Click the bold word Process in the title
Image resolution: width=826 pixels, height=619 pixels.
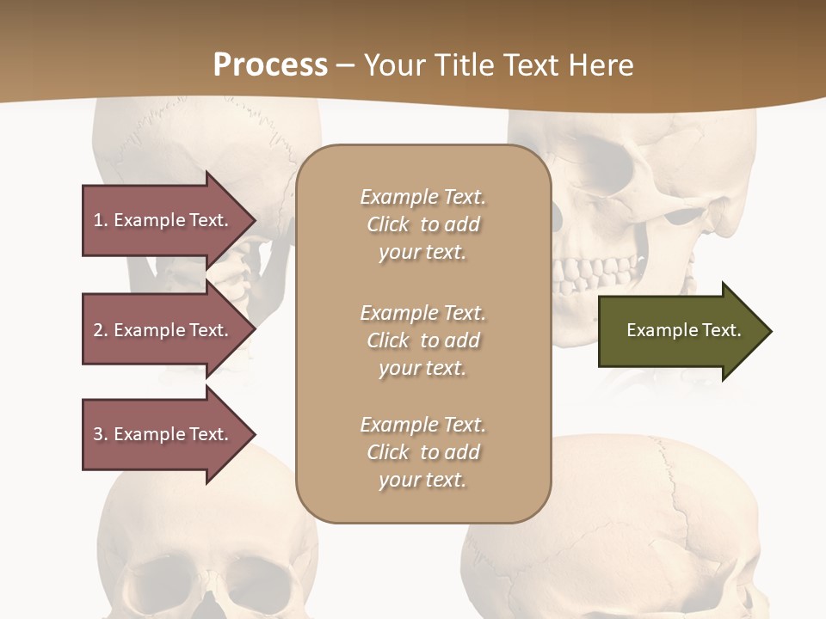pyautogui.click(x=270, y=65)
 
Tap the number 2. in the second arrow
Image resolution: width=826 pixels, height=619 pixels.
pyautogui.click(x=100, y=330)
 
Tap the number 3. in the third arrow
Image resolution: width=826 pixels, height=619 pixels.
pyautogui.click(x=100, y=434)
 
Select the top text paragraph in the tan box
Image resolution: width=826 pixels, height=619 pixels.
pyautogui.click(x=422, y=224)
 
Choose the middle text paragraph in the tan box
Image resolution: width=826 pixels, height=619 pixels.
pyautogui.click(x=422, y=340)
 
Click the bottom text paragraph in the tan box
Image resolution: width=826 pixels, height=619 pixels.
pyautogui.click(x=422, y=452)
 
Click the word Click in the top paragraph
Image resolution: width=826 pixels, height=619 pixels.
pyautogui.click(x=388, y=224)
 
